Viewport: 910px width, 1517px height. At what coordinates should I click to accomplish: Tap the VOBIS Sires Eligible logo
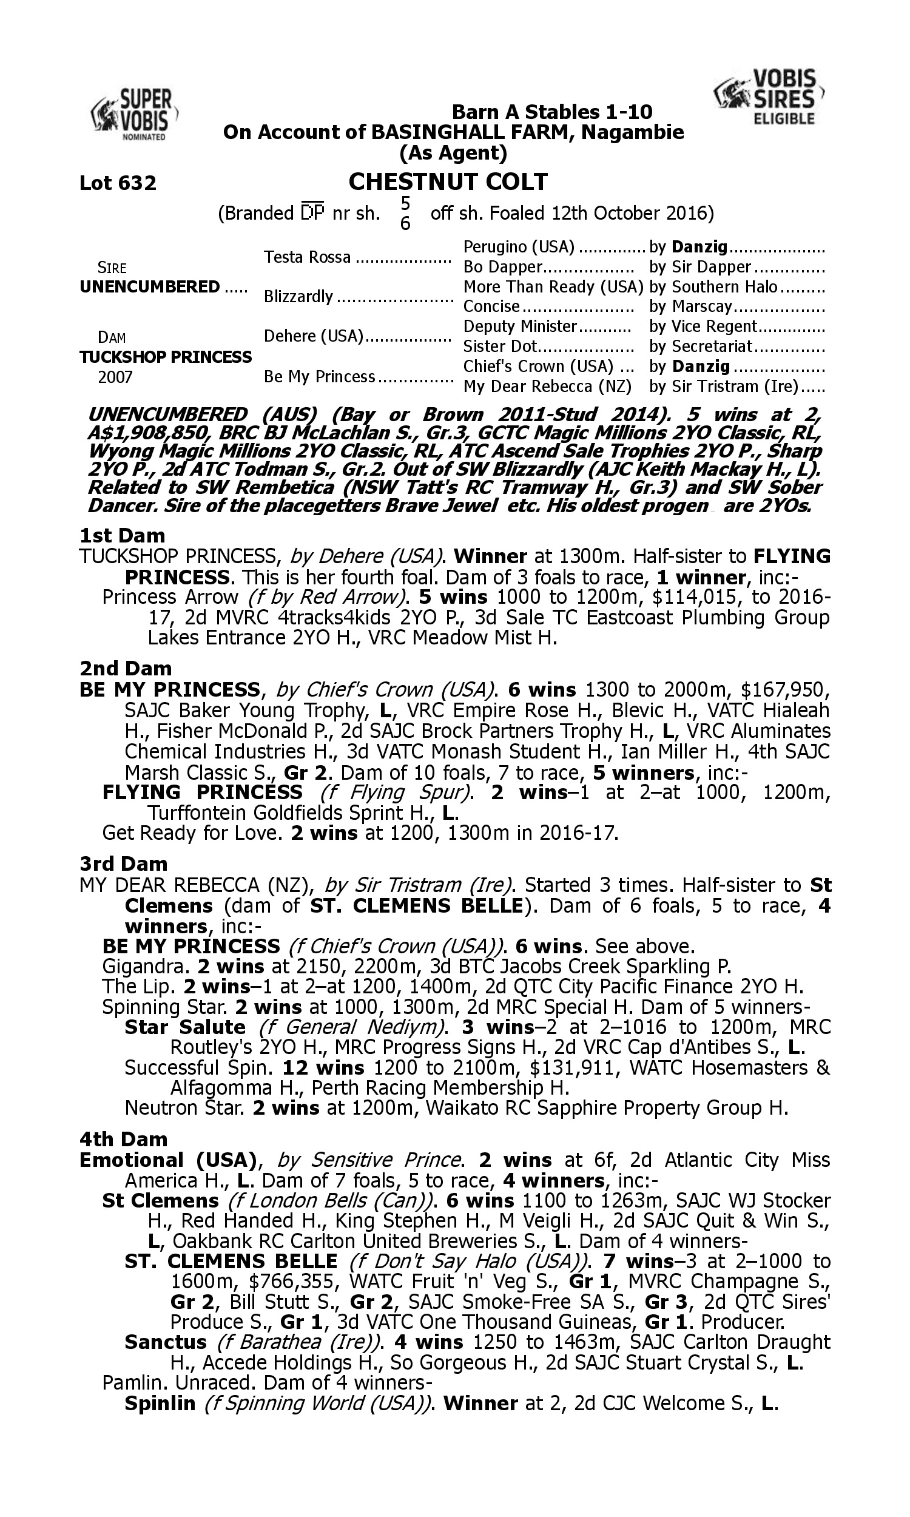770,97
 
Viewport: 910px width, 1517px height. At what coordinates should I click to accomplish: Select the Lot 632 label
118,183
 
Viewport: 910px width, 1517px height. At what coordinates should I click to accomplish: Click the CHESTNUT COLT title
448,181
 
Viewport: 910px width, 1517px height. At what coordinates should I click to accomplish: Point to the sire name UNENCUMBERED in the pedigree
150,287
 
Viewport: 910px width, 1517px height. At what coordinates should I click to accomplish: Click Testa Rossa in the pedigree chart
307,257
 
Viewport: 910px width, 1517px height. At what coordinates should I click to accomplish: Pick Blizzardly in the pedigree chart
298,297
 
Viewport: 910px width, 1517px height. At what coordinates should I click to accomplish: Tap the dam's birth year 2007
115,376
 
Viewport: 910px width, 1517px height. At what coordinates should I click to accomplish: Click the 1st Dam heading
123,535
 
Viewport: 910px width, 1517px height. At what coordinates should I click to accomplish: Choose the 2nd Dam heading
126,668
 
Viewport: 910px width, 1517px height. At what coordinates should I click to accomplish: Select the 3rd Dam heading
124,863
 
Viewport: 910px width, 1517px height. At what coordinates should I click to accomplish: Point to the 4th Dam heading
124,1140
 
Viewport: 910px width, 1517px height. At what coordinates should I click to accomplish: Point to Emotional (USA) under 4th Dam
167,1160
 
